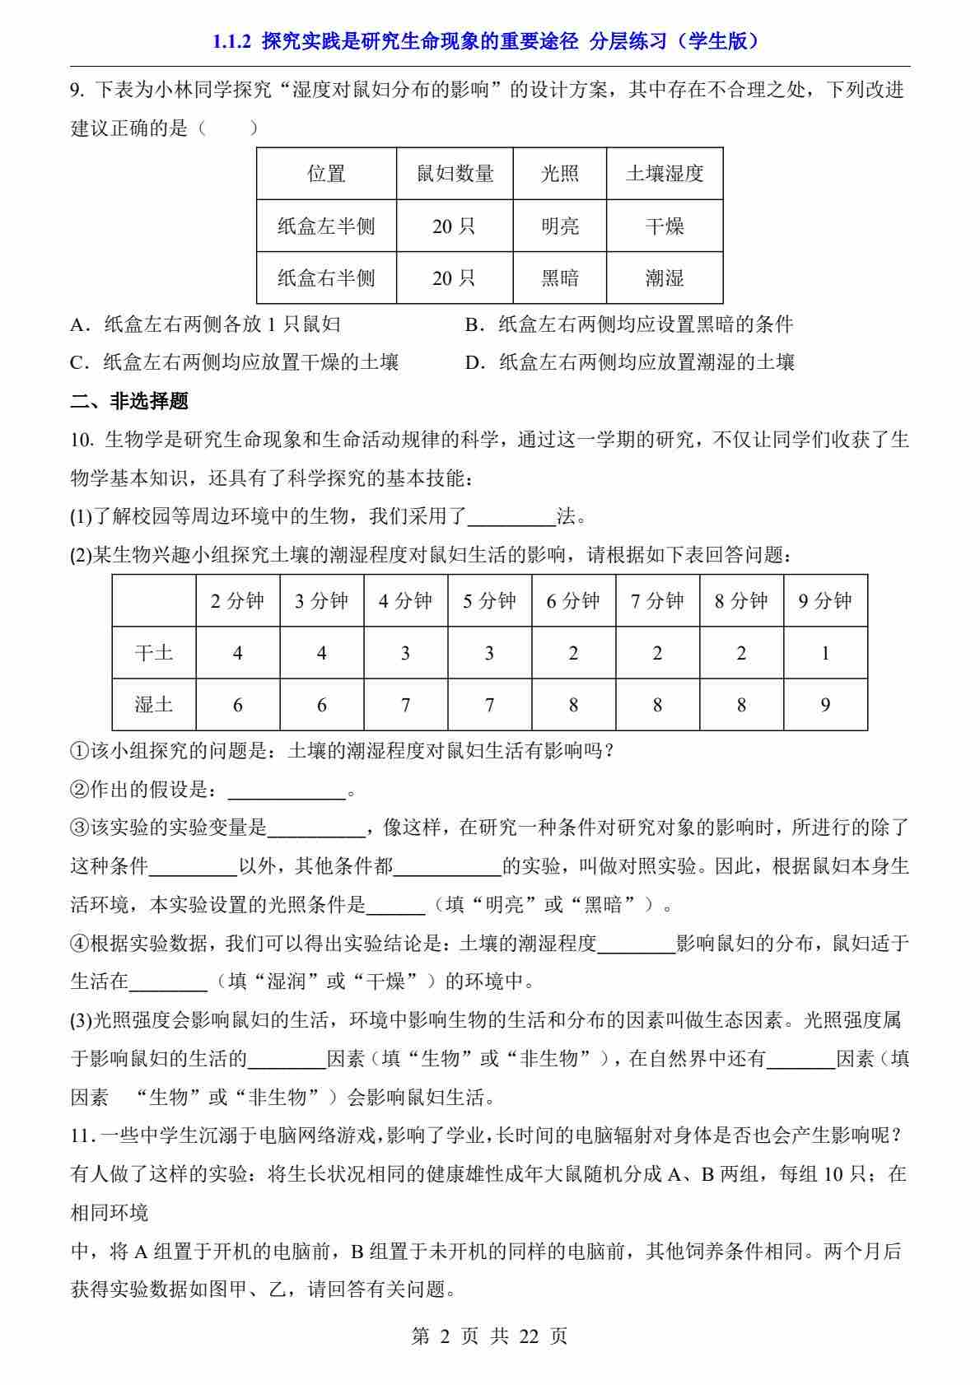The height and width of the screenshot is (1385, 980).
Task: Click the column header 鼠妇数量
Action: tap(455, 174)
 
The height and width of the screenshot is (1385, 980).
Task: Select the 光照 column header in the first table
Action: tap(559, 174)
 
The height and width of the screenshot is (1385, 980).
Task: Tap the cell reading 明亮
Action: tap(559, 226)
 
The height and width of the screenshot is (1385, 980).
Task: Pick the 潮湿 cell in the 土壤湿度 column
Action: tap(664, 278)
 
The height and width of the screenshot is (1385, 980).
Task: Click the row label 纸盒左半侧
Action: tap(326, 226)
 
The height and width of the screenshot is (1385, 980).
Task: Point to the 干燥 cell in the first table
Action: tap(664, 226)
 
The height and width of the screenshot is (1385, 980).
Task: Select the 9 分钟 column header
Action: tap(824, 601)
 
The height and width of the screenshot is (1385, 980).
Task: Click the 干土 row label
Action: tap(154, 653)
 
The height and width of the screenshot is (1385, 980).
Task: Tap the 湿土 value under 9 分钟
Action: tap(825, 705)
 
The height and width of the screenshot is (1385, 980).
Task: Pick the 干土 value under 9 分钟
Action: tap(825, 653)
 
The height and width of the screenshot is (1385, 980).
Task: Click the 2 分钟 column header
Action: tap(237, 601)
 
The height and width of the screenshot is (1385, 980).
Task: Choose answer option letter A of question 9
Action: tap(80, 324)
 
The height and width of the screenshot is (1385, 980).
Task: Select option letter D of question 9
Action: tap(473, 363)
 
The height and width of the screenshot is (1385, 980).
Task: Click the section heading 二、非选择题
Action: tap(129, 402)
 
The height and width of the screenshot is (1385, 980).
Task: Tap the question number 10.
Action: tap(82, 440)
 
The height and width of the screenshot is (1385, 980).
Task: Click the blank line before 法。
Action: tap(511, 518)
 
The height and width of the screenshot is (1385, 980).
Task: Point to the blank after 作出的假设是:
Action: tap(286, 791)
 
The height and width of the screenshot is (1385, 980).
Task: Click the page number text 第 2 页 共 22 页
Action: tap(489, 1336)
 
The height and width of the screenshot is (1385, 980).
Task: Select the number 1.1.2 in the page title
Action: tap(231, 41)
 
